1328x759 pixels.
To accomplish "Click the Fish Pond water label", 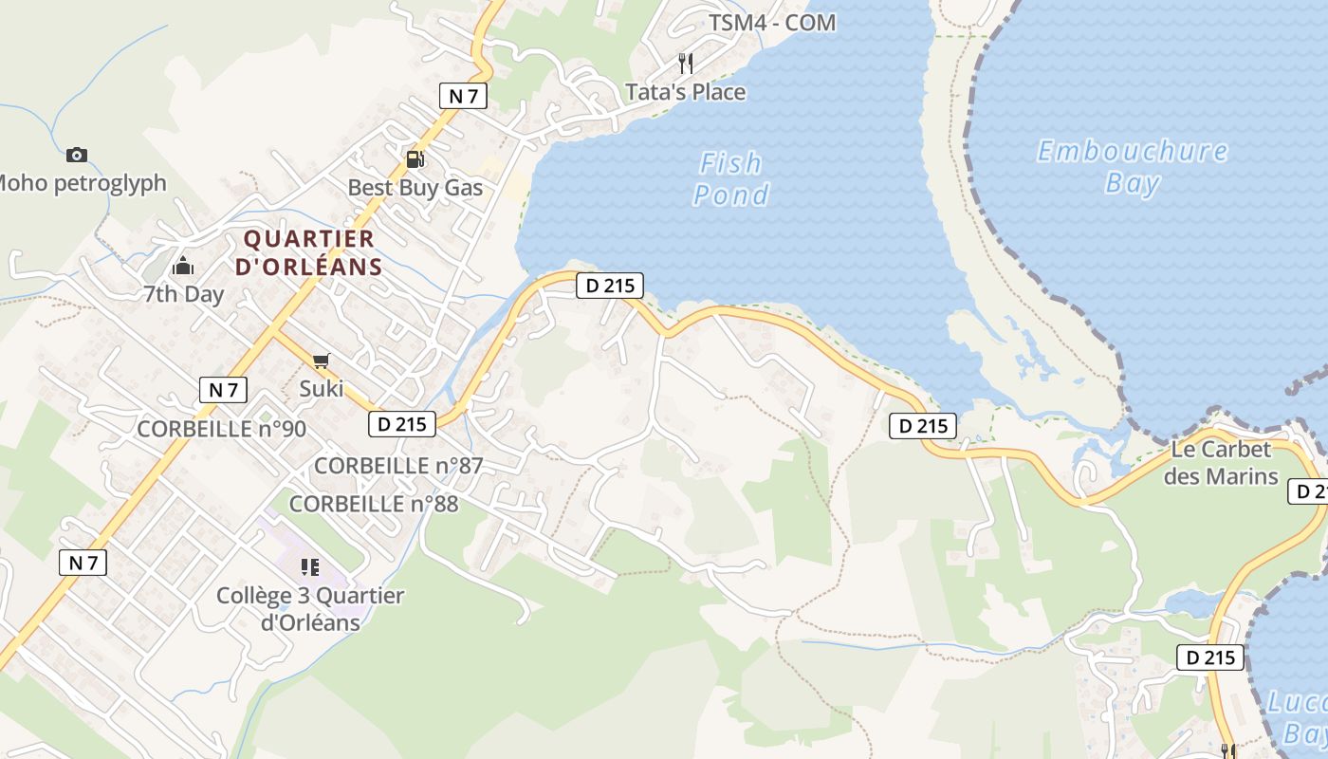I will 730,178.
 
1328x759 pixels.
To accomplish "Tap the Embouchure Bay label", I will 1132,166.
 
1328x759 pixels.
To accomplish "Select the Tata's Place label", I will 685,92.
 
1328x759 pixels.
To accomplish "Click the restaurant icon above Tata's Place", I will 685,64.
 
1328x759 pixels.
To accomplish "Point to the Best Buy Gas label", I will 415,188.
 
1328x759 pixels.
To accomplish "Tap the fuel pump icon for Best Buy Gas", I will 415,159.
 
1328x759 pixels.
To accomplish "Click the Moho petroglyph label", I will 81,183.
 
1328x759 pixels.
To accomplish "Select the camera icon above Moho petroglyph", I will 77,155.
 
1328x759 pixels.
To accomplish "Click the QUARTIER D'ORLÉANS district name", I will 309,252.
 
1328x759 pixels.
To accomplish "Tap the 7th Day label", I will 183,294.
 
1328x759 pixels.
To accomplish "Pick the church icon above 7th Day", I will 183,266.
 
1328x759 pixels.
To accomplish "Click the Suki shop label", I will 321,388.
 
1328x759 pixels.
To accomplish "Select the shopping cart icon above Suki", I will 321,361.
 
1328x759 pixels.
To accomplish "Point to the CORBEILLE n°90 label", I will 222,429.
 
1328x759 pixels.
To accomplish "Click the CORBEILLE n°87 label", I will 398,466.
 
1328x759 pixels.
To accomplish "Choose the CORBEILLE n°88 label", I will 374,504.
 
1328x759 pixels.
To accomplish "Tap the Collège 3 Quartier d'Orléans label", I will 310,609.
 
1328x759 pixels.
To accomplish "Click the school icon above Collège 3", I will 309,567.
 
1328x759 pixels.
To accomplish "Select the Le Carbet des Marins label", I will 1221,462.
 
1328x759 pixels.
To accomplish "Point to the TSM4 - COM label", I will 772,23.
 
